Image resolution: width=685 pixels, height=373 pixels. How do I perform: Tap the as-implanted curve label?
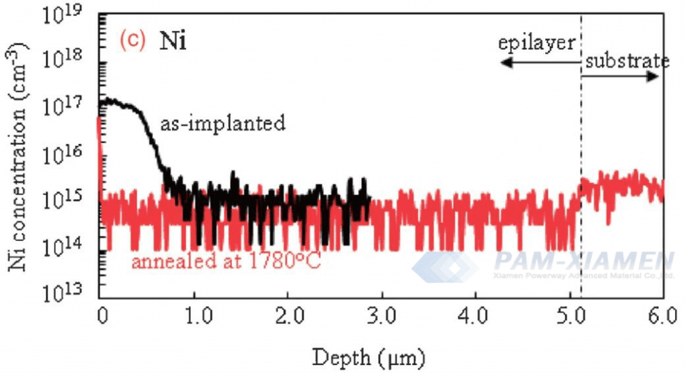point(223,123)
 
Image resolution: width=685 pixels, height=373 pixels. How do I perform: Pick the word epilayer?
point(536,44)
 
